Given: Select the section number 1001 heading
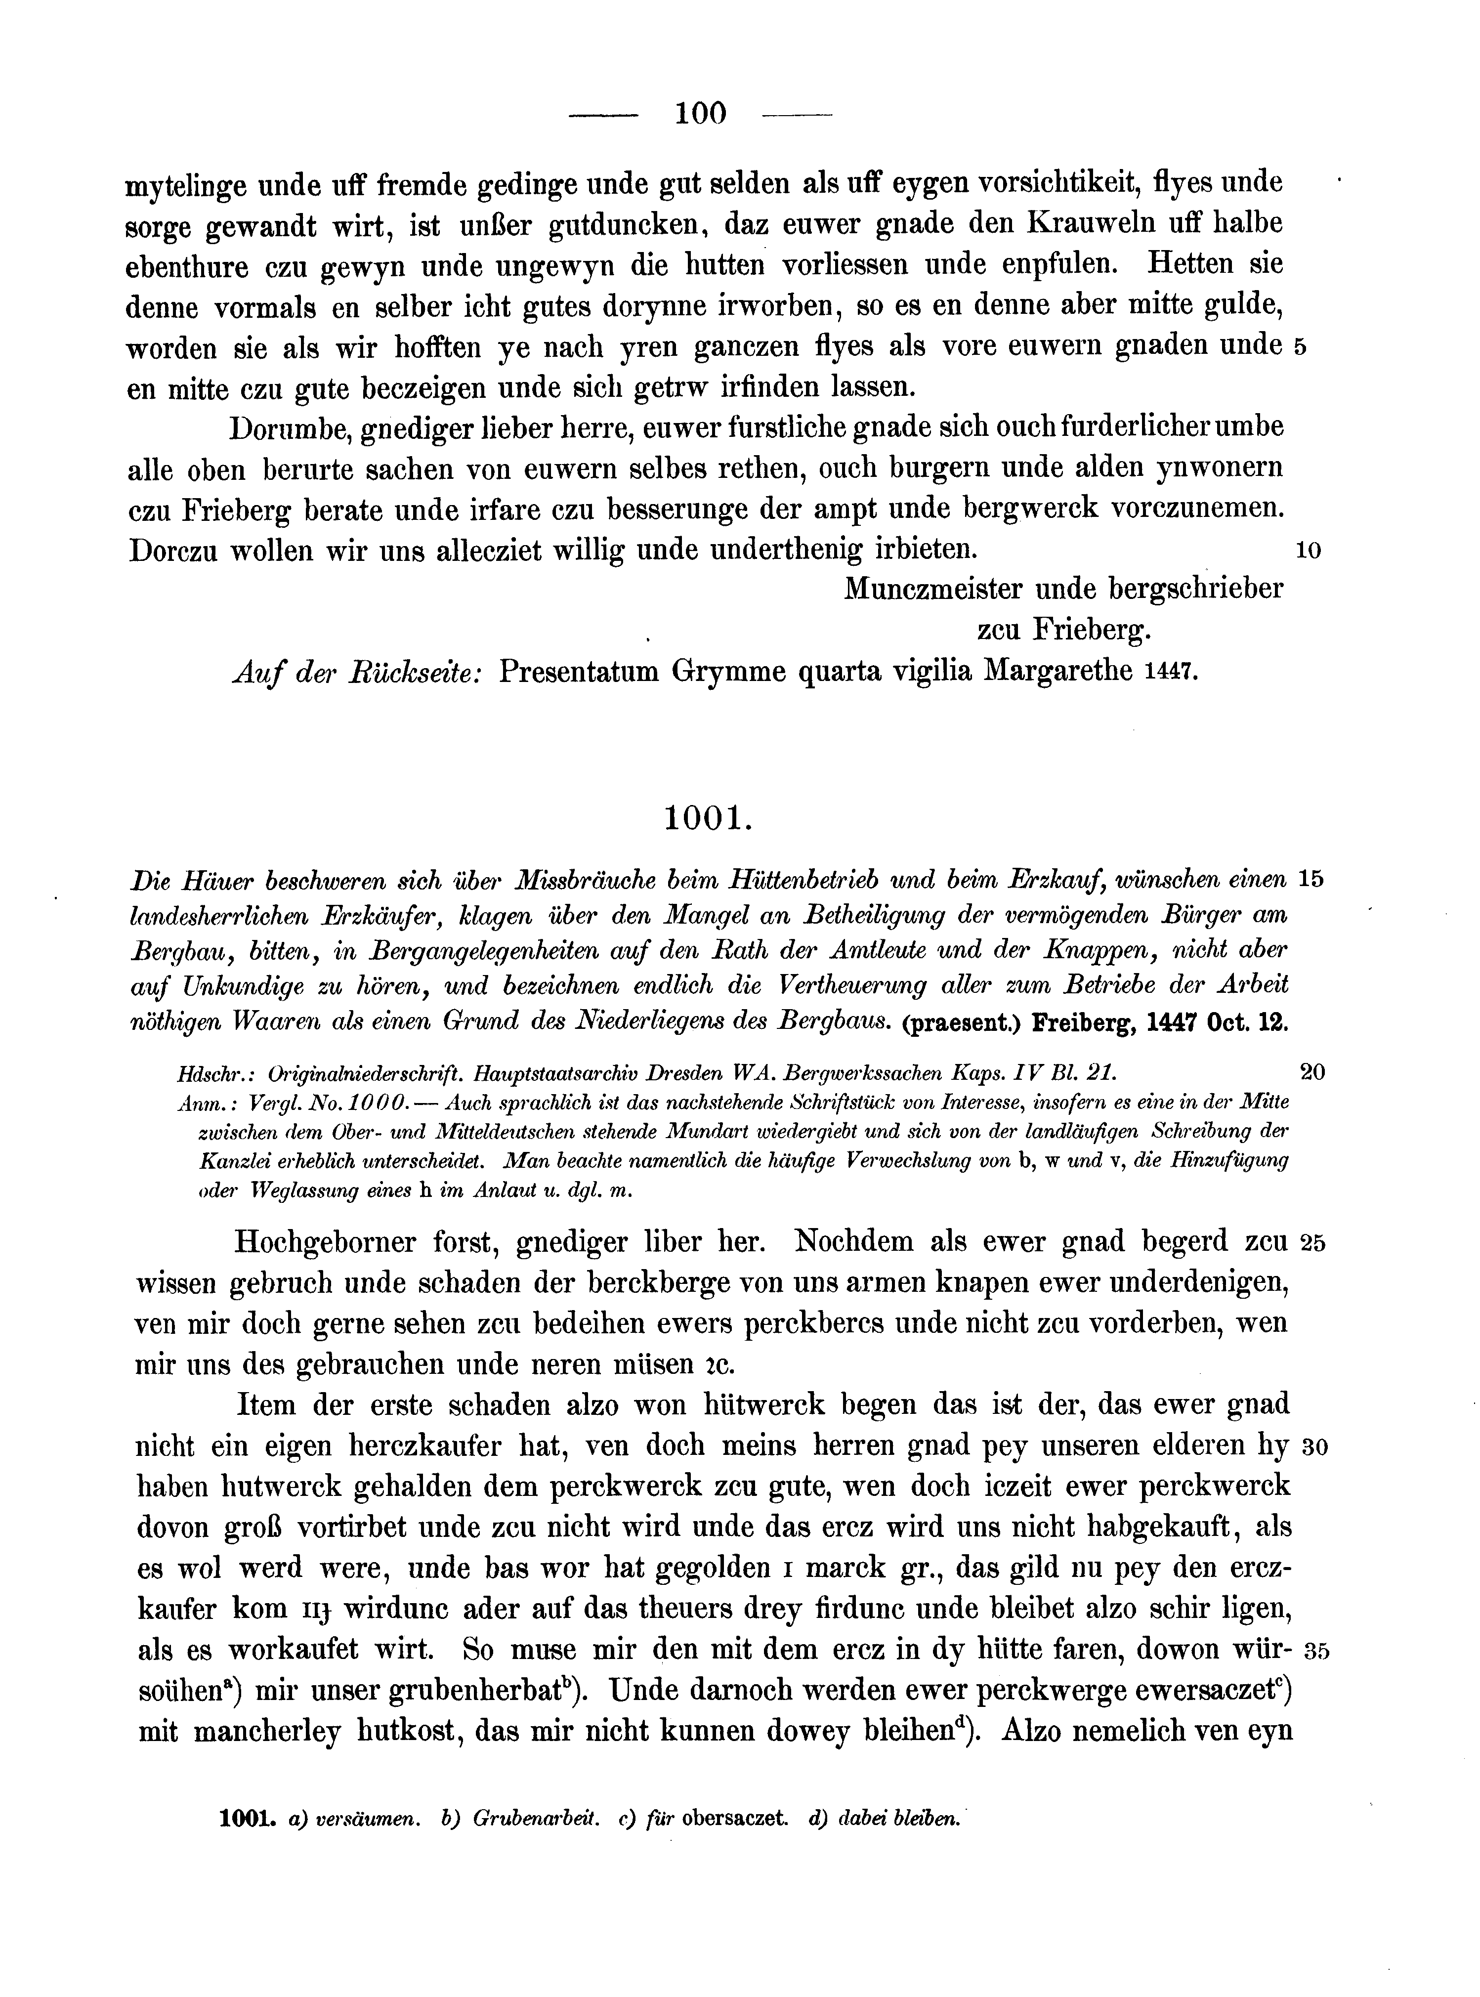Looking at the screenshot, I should tap(705, 819).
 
